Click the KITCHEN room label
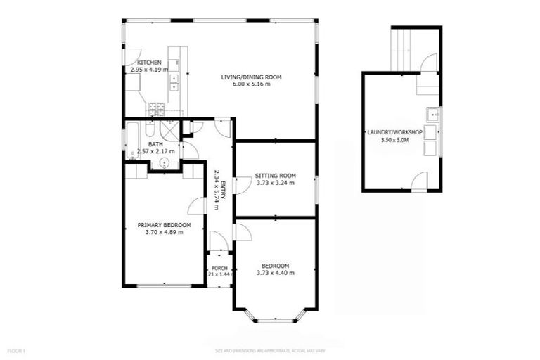(x=144, y=63)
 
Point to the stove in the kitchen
(x=155, y=109)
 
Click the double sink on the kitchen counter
(x=174, y=83)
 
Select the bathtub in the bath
(x=132, y=141)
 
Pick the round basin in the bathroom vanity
(x=164, y=161)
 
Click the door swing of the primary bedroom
(x=197, y=205)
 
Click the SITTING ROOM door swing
(x=240, y=184)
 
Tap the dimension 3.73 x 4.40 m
(x=275, y=273)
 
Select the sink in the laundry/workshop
(x=434, y=114)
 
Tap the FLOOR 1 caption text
(x=16, y=349)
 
